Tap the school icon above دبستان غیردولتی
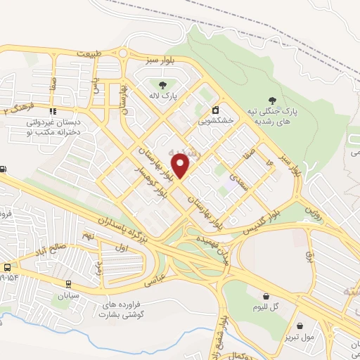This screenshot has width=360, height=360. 52,110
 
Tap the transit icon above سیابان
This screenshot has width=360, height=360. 68,284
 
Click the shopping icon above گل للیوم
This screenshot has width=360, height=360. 266,297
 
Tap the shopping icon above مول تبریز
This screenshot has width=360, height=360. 301,326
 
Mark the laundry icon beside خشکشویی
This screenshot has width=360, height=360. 215,110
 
